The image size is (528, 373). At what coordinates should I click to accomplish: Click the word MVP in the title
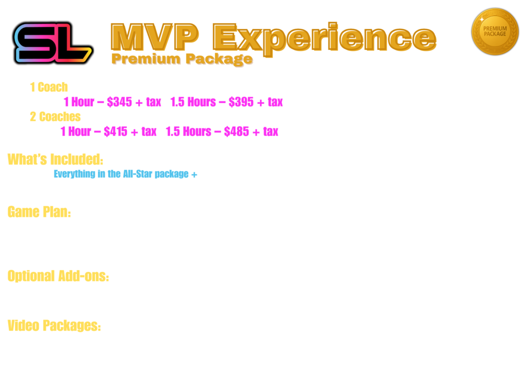point(154,37)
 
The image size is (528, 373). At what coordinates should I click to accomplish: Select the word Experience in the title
point(325,37)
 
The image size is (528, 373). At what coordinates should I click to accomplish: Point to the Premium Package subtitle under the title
point(181,59)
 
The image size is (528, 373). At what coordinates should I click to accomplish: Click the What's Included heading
point(55,158)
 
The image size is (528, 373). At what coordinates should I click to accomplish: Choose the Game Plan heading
point(39,211)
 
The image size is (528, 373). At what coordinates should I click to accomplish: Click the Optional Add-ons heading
point(58,276)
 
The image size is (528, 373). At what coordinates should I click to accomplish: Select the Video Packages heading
point(54,326)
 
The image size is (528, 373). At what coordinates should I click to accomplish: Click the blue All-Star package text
point(125,173)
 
